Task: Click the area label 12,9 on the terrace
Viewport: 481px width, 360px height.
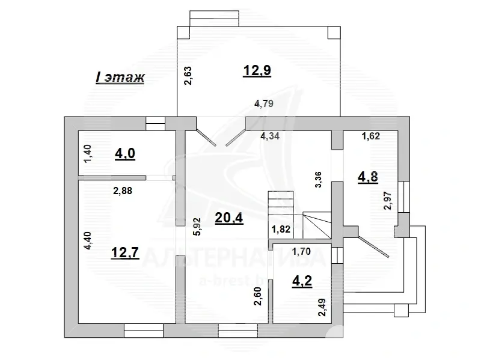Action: pos(257,70)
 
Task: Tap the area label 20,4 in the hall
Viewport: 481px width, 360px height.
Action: pos(229,218)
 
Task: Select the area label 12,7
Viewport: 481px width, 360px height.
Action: pos(125,252)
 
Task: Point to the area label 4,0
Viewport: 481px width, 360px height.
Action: pos(125,153)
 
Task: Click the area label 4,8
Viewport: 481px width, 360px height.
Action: pos(368,177)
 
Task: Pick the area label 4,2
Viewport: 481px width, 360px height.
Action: pos(302,281)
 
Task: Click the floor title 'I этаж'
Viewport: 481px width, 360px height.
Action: pos(120,78)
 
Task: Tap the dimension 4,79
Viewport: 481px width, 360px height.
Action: pos(264,103)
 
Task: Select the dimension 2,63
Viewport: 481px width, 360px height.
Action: pos(188,76)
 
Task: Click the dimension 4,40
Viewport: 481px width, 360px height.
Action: pos(88,241)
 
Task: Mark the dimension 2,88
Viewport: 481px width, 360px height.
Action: pos(123,191)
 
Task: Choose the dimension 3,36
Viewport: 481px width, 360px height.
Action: pos(319,180)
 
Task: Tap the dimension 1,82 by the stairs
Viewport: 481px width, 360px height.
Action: pos(281,229)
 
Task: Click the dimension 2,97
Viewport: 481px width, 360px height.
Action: pos(388,201)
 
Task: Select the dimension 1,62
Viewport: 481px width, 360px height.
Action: pos(371,136)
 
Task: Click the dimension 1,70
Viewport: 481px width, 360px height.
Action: pos(301,252)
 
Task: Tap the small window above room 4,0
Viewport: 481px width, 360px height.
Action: pos(155,124)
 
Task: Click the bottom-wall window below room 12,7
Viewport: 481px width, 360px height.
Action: pos(144,331)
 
